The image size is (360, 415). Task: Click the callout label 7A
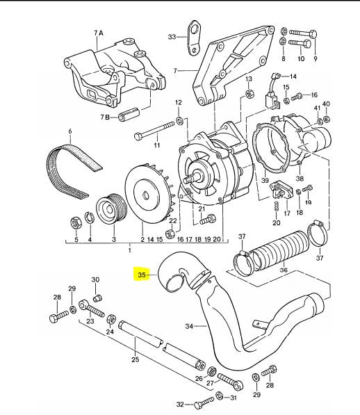tap(98, 33)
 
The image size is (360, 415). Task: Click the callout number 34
tap(188, 325)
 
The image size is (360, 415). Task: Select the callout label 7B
tap(106, 117)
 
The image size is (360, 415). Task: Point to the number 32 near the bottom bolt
tap(180, 403)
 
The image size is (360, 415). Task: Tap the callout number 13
tap(248, 81)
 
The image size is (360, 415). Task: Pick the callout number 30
tap(97, 280)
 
